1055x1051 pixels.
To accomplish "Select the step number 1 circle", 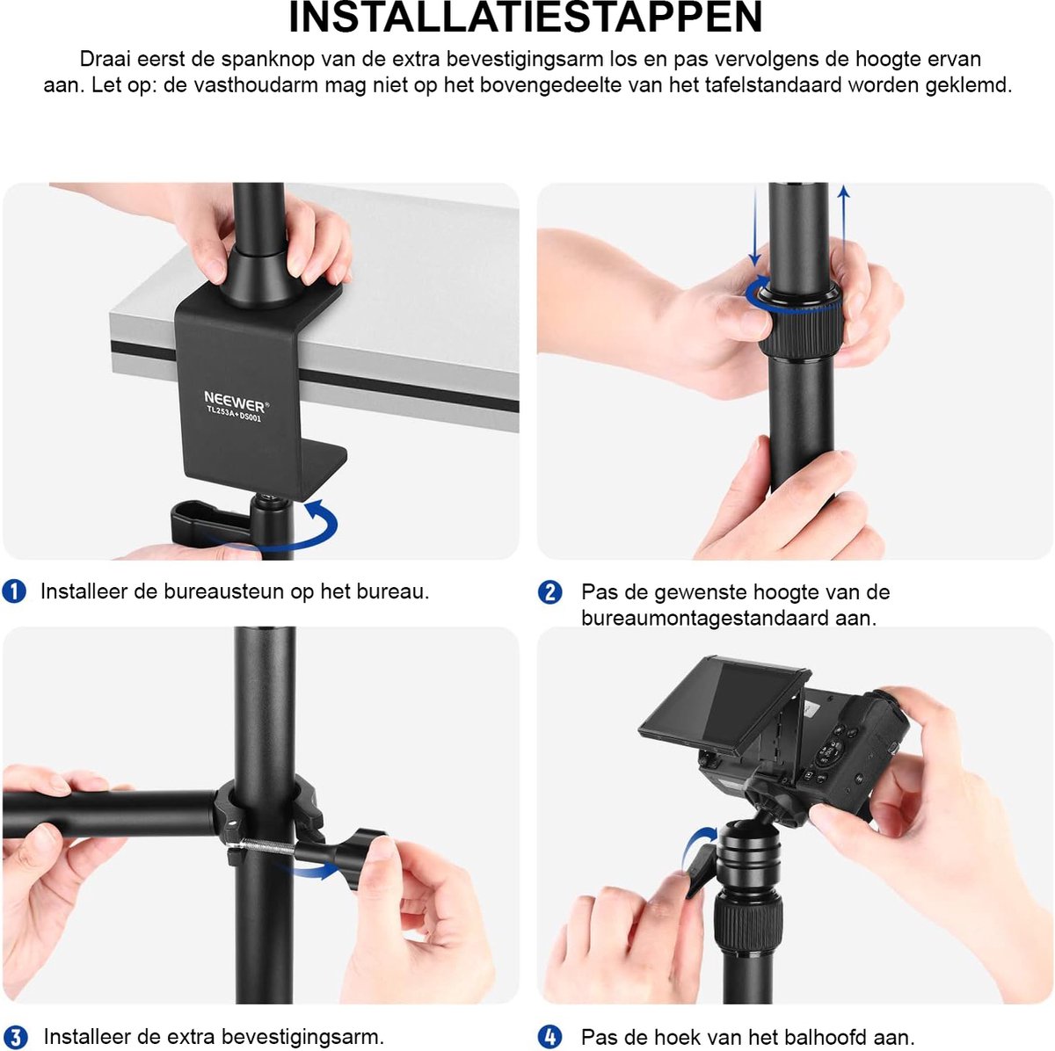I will tap(15, 591).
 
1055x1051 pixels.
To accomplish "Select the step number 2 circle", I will tap(549, 592).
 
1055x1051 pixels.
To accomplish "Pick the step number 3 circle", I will tap(15, 1038).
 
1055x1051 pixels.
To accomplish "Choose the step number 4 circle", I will tap(549, 1038).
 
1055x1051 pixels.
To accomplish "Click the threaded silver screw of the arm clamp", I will tap(260, 848).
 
